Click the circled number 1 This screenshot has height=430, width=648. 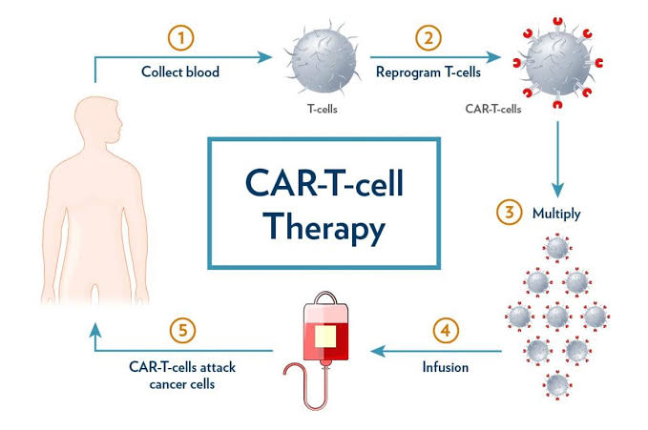(180, 38)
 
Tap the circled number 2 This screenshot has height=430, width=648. (429, 38)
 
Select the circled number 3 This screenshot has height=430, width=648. (510, 212)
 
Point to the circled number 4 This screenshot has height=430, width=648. (446, 331)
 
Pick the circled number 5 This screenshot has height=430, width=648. (182, 331)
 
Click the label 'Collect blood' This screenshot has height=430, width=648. (180, 72)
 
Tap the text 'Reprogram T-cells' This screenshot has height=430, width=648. (429, 72)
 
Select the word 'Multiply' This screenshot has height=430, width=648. (556, 214)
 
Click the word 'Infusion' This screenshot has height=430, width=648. (446, 367)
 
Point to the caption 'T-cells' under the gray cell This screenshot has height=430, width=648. (323, 109)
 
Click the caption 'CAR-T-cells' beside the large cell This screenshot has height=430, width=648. (493, 109)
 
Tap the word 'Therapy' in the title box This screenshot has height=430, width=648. (324, 228)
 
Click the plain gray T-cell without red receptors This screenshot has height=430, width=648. (323, 57)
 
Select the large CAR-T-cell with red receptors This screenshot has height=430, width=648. (557, 63)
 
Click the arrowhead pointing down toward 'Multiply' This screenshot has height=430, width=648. (558, 191)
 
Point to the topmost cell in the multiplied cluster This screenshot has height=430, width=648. (557, 248)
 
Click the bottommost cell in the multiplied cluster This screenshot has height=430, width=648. (557, 385)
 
